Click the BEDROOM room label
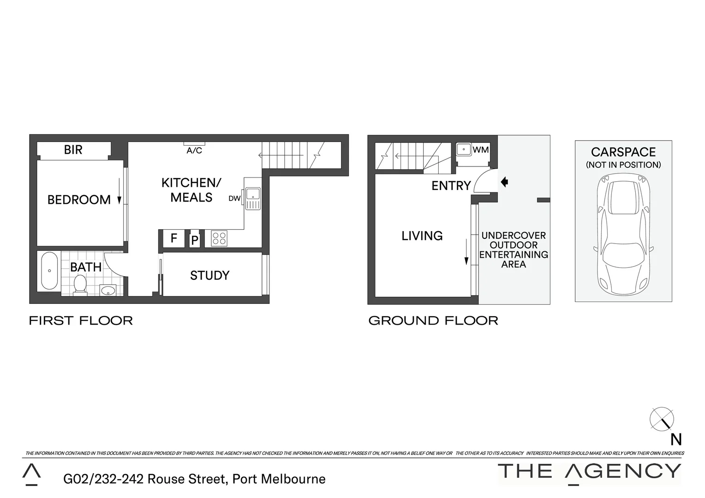[79, 200]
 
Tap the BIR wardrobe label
[73, 150]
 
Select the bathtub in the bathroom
[49, 271]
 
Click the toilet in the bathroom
[80, 284]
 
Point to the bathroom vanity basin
[108, 290]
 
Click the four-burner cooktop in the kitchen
[219, 238]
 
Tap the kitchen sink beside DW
[253, 199]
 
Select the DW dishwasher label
[234, 199]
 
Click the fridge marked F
[174, 238]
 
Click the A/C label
[194, 151]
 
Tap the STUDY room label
[209, 275]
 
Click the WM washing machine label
[480, 150]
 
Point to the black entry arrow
[504, 182]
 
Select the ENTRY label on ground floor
[451, 186]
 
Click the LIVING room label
[422, 236]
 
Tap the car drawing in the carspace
[623, 235]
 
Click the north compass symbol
[662, 419]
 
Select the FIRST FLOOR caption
[81, 320]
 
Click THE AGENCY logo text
[589, 471]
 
